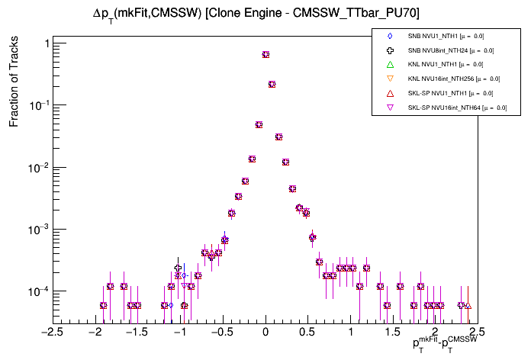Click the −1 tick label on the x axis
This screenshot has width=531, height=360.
pos(179,333)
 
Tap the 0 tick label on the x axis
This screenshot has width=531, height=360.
pos(265,333)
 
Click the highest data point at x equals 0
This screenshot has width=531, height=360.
pos(265,54)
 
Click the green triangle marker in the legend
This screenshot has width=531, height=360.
pos(390,64)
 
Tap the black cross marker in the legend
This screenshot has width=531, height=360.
pos(390,50)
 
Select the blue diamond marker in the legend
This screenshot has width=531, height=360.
pos(390,36)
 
